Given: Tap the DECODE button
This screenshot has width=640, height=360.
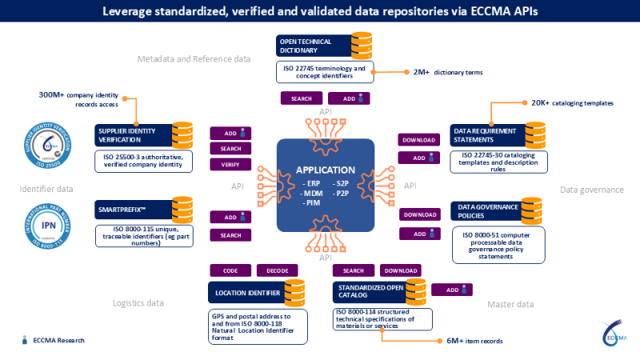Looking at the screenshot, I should click(x=277, y=270).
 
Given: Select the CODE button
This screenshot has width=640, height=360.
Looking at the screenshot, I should click(x=230, y=270).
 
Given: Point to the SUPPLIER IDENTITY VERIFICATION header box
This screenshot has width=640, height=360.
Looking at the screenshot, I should click(x=131, y=134).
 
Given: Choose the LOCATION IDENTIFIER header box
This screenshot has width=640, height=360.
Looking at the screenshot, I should click(x=244, y=293).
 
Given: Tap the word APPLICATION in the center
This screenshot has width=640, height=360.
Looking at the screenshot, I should click(x=325, y=170).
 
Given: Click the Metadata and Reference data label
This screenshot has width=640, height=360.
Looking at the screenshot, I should click(x=194, y=59).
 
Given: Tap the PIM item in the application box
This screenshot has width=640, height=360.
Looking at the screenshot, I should click(x=314, y=204).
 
